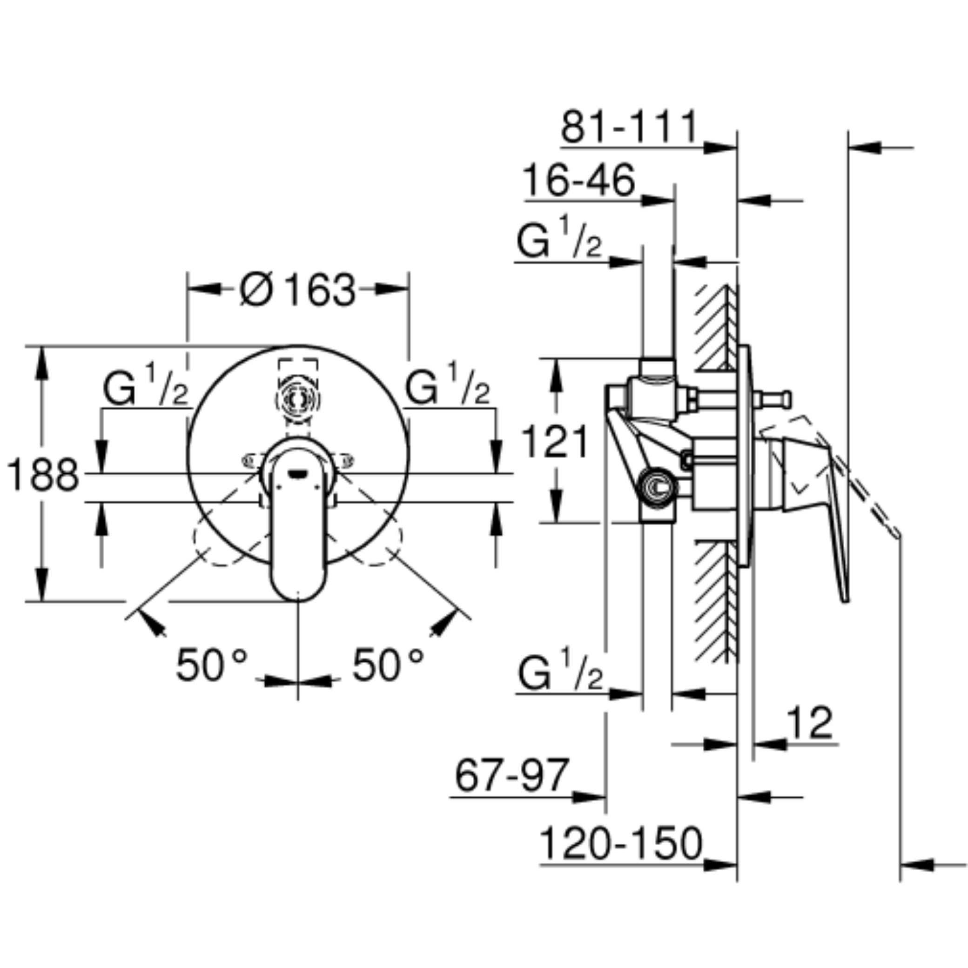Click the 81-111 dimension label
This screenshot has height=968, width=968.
(x=629, y=127)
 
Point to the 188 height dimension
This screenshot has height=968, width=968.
(x=43, y=475)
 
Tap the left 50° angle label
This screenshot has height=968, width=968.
(x=211, y=665)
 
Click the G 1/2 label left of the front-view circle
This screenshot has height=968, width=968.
(x=146, y=384)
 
